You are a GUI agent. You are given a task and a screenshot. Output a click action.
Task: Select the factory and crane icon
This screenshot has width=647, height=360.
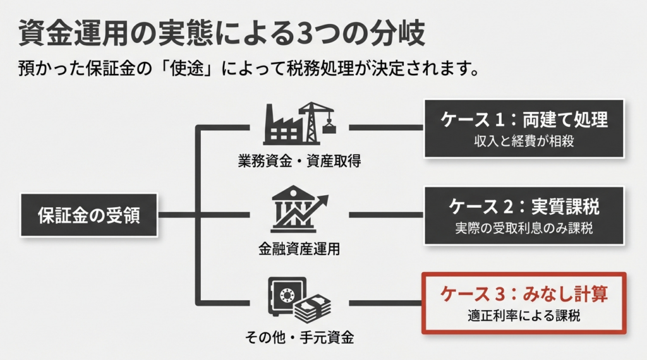tap(299, 124)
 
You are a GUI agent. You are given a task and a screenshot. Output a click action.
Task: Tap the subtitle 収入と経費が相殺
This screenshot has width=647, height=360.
tap(524, 141)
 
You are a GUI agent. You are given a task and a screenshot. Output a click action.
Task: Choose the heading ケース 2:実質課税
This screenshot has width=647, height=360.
tap(524, 207)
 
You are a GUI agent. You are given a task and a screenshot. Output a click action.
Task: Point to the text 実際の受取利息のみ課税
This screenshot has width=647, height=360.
tap(524, 228)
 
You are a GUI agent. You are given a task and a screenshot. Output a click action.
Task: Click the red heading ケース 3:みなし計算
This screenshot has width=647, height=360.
tap(524, 294)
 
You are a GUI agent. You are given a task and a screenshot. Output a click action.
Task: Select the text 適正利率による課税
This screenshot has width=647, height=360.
tap(524, 315)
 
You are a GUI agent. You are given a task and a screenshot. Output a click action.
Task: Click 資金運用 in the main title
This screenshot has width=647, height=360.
tap(73, 33)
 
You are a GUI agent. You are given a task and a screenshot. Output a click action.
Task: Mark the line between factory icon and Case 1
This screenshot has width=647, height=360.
tap(385, 127)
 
